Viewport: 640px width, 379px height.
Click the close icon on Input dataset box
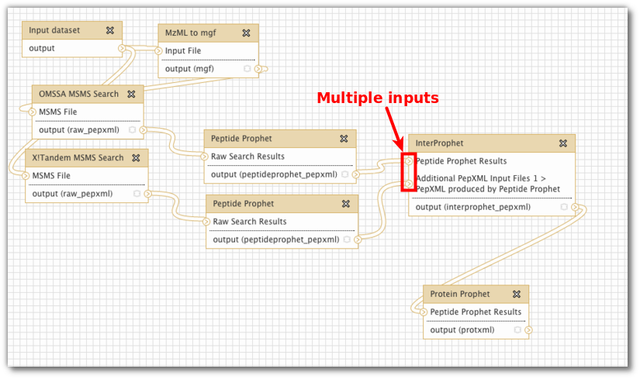(x=110, y=30)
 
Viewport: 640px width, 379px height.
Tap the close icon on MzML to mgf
(x=246, y=33)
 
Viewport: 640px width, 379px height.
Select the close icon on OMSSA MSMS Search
(x=131, y=94)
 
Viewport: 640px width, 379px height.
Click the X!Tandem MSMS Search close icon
(x=136, y=157)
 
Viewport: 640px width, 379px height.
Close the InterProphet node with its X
(x=563, y=143)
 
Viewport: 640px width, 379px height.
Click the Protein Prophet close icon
(x=517, y=294)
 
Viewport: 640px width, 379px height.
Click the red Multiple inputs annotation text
(x=378, y=98)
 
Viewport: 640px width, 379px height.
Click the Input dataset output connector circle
(x=121, y=48)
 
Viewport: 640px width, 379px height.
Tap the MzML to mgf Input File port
(x=158, y=50)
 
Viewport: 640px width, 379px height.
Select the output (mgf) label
(x=189, y=68)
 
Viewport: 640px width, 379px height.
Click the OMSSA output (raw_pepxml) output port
(x=143, y=129)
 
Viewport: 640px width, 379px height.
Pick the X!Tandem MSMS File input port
(x=26, y=175)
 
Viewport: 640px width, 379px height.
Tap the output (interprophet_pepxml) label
(x=473, y=207)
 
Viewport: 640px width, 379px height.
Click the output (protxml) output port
(x=528, y=329)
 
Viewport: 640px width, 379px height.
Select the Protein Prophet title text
(x=459, y=294)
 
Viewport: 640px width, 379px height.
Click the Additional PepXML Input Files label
(x=481, y=178)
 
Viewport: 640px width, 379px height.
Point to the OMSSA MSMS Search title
(x=78, y=94)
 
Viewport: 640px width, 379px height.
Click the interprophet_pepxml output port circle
(x=575, y=207)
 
